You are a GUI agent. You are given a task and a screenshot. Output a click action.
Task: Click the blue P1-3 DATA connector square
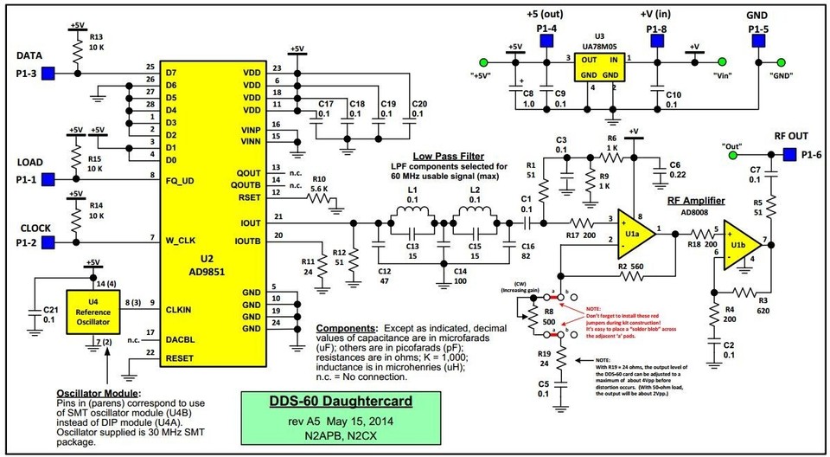[49, 73]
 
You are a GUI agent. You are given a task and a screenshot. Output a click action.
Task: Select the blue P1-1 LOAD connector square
[49, 178]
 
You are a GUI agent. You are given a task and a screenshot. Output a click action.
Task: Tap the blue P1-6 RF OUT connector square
[788, 155]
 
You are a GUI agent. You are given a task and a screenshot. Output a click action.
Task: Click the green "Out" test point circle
[732, 156]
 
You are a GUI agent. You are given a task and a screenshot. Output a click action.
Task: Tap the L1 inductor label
[412, 189]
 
